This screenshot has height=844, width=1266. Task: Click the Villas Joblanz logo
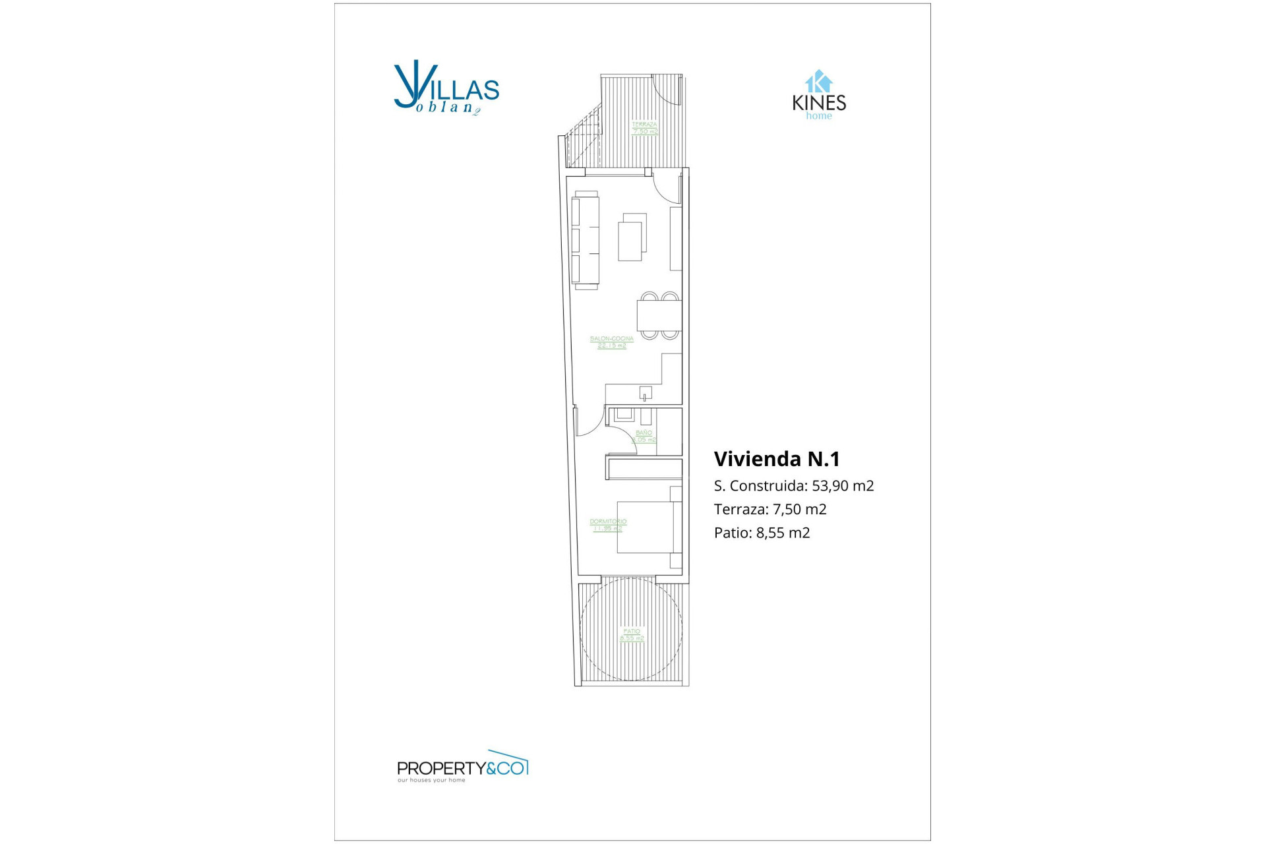pyautogui.click(x=446, y=88)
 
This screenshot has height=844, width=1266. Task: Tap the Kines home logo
pyautogui.click(x=819, y=96)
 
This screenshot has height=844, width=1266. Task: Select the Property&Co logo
pyautogui.click(x=462, y=767)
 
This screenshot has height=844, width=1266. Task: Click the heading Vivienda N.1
pyautogui.click(x=777, y=459)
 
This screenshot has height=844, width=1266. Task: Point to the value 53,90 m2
pyautogui.click(x=843, y=486)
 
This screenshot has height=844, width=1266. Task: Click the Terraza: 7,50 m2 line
pyautogui.click(x=770, y=509)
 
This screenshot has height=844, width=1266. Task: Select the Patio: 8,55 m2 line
pyautogui.click(x=762, y=533)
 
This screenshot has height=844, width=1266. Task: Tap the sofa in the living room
pyautogui.click(x=585, y=240)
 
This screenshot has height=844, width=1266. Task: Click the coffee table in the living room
pyautogui.click(x=632, y=237)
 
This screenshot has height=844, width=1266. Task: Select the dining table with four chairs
pyautogui.click(x=659, y=315)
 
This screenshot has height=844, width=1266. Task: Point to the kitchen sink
pyautogui.click(x=646, y=394)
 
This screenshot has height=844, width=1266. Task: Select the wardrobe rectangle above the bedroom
pyautogui.click(x=644, y=469)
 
